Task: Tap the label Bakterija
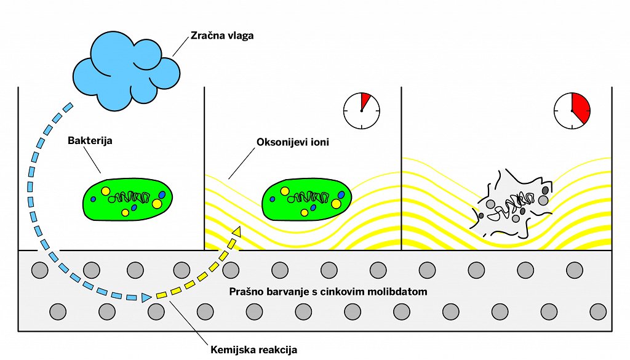click(x=90, y=140)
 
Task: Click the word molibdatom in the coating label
click(x=397, y=291)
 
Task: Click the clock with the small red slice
click(x=362, y=111)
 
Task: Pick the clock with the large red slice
click(x=572, y=111)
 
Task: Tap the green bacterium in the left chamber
click(x=128, y=198)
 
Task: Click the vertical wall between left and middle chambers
click(x=204, y=166)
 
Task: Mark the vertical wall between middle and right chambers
click(x=401, y=166)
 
